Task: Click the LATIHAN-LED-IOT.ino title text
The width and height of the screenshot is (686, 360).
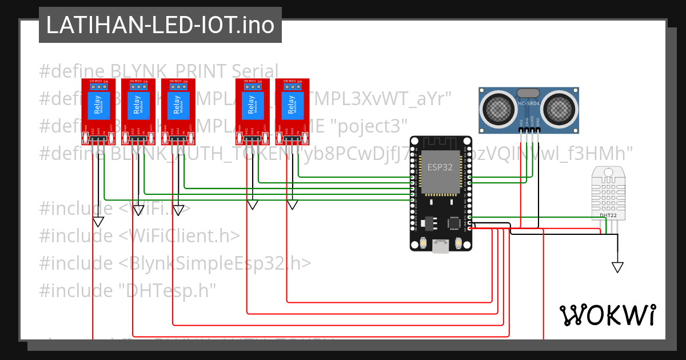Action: click(x=160, y=25)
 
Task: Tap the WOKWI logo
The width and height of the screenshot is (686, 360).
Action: click(x=607, y=315)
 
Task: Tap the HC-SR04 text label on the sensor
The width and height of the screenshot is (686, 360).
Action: click(x=528, y=103)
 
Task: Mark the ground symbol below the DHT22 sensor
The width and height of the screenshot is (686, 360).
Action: click(x=617, y=267)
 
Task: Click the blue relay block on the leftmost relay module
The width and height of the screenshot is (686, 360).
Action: click(x=98, y=107)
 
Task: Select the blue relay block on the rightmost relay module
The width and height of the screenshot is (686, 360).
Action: click(x=292, y=107)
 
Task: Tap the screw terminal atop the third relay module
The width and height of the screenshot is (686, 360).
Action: click(x=178, y=86)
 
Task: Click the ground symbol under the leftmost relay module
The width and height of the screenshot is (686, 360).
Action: click(x=98, y=221)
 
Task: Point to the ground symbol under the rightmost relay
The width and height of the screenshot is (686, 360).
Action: click(x=292, y=205)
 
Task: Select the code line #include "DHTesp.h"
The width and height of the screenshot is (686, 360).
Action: click(x=127, y=291)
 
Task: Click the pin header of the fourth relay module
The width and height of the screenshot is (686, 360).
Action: click(x=253, y=138)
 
